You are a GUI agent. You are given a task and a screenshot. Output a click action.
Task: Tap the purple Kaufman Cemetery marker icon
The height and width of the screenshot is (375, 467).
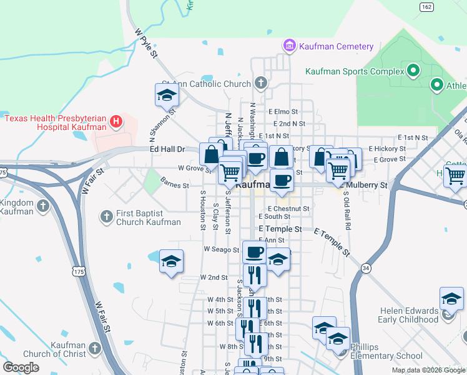(289, 46)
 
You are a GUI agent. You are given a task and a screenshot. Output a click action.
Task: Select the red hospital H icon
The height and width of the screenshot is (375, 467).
(116, 122)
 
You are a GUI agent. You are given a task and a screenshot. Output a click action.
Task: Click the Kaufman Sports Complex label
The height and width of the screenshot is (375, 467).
(354, 71)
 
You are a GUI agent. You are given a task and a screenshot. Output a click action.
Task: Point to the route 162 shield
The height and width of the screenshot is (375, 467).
(426, 7)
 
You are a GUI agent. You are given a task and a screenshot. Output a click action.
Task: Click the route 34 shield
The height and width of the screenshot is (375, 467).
(366, 268)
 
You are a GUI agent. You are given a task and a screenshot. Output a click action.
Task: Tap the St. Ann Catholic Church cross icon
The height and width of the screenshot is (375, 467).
(260, 83)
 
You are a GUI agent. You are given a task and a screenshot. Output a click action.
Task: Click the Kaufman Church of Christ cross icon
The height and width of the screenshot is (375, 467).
(95, 347)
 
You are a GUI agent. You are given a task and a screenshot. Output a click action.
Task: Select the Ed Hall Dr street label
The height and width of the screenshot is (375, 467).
(168, 149)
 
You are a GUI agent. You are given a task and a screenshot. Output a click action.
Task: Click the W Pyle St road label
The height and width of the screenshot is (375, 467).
(145, 42)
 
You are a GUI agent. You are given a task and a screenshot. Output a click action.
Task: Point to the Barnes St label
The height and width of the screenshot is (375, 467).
(174, 186)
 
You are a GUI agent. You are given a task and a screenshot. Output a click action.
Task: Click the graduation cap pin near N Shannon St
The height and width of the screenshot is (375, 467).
(167, 95)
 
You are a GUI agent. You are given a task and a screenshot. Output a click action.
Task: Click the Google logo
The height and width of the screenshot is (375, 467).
(21, 367)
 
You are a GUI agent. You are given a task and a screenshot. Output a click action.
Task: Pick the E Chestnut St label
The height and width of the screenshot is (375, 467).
(288, 209)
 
